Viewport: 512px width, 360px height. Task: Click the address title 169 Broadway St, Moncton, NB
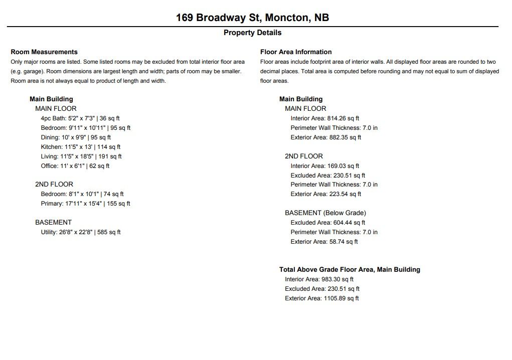point(252,18)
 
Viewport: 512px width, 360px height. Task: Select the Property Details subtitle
point(252,33)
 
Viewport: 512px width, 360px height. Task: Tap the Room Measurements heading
point(44,52)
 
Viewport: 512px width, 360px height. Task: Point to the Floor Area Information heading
point(296,52)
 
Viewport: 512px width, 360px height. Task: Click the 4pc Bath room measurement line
point(80,118)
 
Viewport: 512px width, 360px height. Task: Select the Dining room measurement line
point(76,137)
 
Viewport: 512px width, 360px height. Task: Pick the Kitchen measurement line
point(81,147)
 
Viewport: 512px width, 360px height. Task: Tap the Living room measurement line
point(81,156)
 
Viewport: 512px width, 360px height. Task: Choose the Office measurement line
point(75,166)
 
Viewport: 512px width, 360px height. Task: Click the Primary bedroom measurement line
point(85,204)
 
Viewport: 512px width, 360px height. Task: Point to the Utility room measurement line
point(81,232)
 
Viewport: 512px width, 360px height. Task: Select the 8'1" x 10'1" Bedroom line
point(82,194)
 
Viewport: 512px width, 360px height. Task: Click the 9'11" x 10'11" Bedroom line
point(86,128)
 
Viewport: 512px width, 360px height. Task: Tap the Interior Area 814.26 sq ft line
point(325,118)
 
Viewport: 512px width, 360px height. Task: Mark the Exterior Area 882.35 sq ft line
point(326,137)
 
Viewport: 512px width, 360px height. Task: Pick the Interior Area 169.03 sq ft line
point(325,166)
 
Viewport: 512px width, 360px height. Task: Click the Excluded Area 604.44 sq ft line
point(328,223)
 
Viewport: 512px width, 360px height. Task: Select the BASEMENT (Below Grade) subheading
point(325,213)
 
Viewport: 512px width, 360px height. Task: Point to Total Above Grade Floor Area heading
point(350,270)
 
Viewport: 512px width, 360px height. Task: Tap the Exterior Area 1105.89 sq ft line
point(322,298)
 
